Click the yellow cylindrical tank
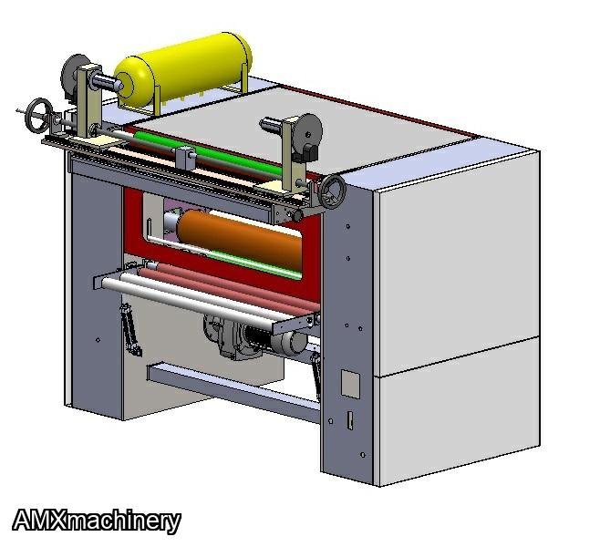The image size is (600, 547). click(x=183, y=69)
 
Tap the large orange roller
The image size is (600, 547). click(x=241, y=239)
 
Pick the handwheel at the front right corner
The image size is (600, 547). click(x=333, y=191)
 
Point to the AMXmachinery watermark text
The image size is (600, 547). click(x=97, y=521)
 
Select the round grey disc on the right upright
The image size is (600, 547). click(x=307, y=133)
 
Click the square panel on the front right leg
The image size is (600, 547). click(x=350, y=384)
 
